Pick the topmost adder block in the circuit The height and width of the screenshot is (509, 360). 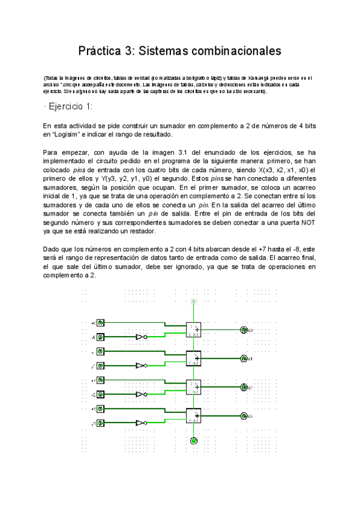pos(193,330)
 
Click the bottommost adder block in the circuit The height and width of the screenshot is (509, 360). pos(193,416)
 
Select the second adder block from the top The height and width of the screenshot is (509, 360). pos(193,358)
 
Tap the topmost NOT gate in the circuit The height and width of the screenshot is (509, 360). pos(140,337)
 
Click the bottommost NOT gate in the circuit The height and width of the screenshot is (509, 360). pos(140,423)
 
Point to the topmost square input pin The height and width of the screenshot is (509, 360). pos(101,323)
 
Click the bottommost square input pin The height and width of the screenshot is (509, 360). pos(101,423)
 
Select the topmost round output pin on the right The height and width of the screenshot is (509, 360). pos(244,330)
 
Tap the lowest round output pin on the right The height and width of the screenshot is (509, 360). pos(244,415)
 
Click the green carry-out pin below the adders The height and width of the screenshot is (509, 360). pos(193,441)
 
